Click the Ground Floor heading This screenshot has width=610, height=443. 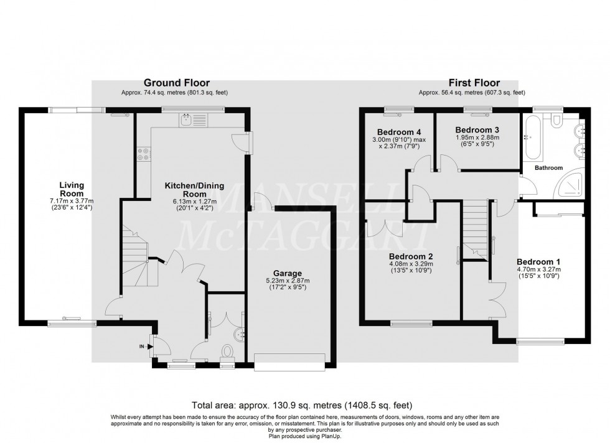pos(177,83)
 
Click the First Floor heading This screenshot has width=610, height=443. pos(475,83)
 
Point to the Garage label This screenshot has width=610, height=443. pos(287,273)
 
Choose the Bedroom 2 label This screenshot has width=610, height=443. pos(411,256)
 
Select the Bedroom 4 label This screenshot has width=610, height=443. pos(399,131)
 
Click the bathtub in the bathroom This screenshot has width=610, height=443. pos(532,136)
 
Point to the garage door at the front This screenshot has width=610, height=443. pos(290,361)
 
